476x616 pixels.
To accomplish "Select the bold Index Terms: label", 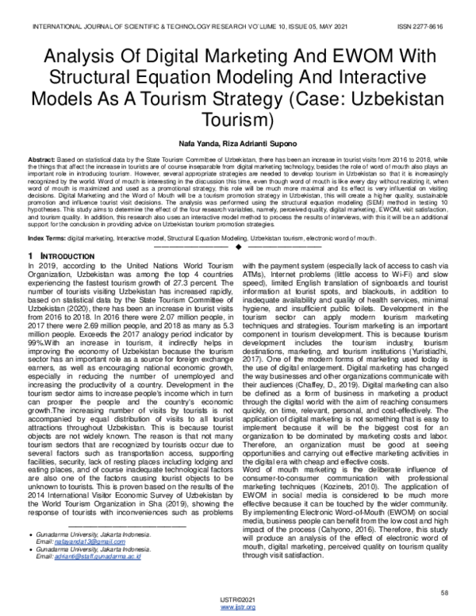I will coord(47,238).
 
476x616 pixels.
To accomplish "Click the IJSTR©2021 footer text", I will coord(237,599).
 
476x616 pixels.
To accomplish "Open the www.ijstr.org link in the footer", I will coord(237,607).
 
